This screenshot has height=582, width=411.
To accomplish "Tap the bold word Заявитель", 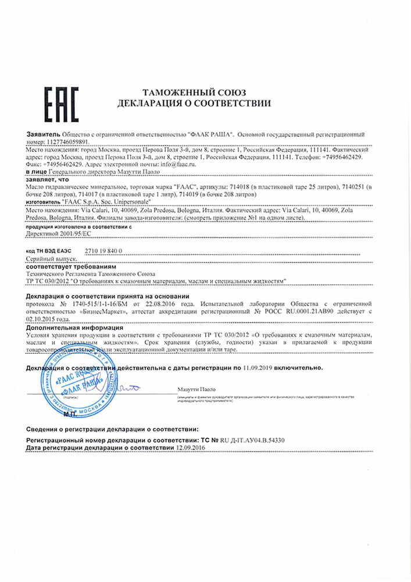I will (44, 134).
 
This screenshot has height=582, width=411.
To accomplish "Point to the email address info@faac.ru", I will (178, 165).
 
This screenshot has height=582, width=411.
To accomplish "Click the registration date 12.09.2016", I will (192, 449).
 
